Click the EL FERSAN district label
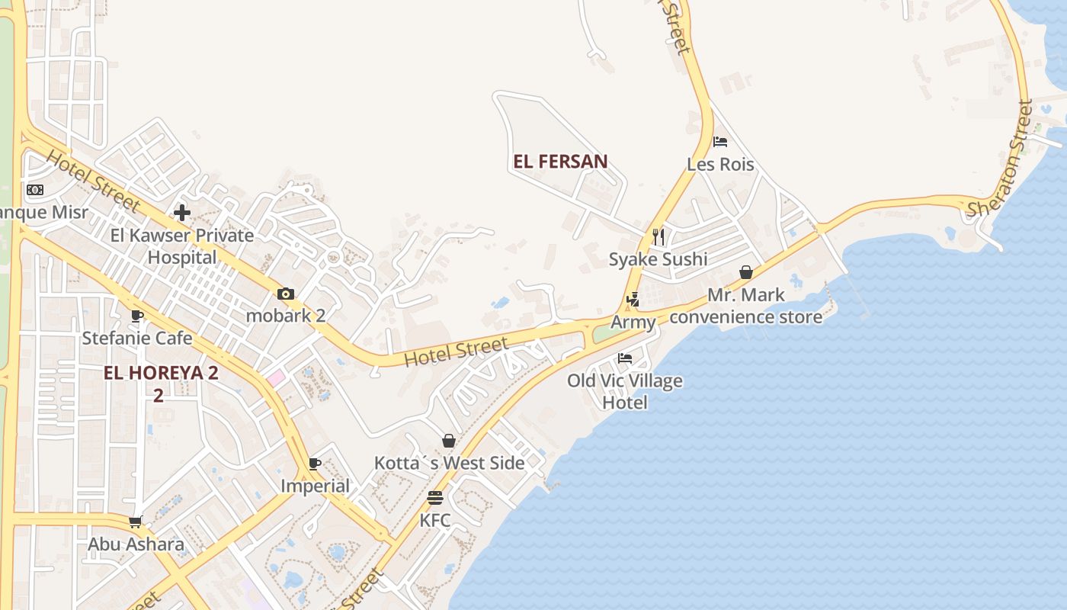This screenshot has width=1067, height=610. pos(560,162)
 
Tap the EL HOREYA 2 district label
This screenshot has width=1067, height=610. pos(161,374)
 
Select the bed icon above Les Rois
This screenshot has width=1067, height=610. pos(720,142)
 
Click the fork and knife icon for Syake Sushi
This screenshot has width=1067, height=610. pos(658,236)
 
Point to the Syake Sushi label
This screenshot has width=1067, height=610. pos(658,259)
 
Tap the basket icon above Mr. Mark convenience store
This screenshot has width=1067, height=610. pos(746,272)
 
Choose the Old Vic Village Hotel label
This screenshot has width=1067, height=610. pos(625,391)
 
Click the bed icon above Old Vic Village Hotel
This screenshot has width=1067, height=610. pos(625,358)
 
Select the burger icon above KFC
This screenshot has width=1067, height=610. pos(435,498)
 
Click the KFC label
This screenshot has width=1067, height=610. pos(435,521)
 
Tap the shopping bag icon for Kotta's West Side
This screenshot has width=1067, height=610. pos(449,441)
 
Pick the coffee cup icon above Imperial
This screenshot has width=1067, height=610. pos(315,464)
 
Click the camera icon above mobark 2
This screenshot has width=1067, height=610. pos(286,294)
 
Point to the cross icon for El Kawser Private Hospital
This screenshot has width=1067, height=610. pos(182,212)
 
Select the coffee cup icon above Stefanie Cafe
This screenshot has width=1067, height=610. pos(137,316)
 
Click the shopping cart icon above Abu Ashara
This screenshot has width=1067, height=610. pos(136,522)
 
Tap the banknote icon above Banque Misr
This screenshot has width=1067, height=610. pos(35,190)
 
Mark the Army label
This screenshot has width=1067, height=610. pos(633,322)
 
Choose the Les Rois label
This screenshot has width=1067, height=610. pos(720,165)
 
